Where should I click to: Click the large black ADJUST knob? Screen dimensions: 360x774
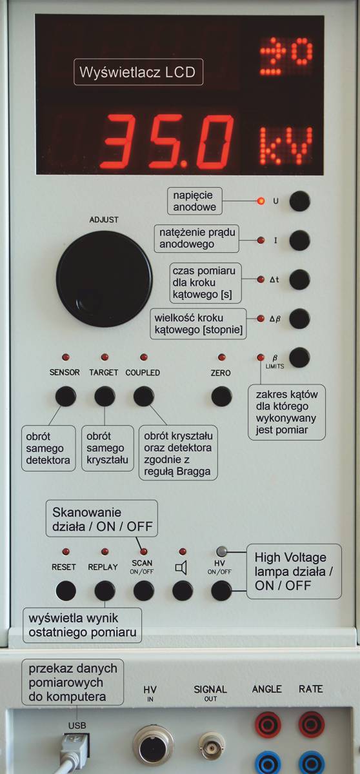coord(104,279)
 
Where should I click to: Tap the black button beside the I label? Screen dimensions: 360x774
coord(299,240)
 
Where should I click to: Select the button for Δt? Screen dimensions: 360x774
coord(299,279)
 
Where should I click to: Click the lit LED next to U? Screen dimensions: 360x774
coord(261,201)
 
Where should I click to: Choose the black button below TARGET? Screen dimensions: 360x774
coord(105,396)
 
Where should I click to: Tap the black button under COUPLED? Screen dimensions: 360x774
coord(144,396)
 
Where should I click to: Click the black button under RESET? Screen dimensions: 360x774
coord(66,591)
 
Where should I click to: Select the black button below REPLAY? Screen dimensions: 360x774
coord(105,591)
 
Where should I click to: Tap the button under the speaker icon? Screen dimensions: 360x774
coord(183,591)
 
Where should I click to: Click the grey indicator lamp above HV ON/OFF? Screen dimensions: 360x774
coord(221,551)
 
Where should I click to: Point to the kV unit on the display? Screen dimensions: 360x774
coord(286,146)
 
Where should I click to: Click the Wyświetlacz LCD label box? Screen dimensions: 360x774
coord(138,72)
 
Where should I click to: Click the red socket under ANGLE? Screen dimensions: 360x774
coord(268,725)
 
